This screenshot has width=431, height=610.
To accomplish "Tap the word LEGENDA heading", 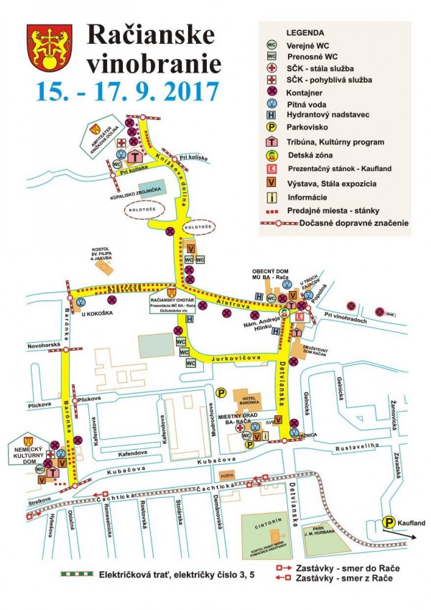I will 305,33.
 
